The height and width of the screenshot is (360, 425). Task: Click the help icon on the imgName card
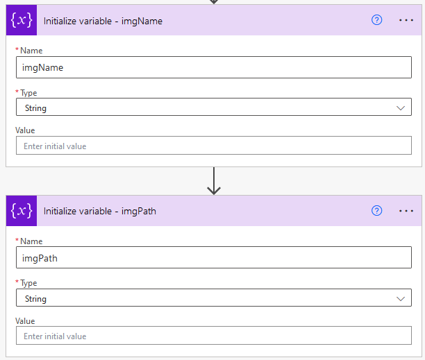376,20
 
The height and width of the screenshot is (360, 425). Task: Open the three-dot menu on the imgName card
406,20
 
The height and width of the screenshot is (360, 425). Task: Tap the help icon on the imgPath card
376,211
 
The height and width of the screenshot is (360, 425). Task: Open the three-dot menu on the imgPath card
406,211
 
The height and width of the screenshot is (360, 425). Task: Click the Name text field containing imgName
214,67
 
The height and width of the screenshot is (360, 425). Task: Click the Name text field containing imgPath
214,257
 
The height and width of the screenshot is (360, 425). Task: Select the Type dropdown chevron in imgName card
401,108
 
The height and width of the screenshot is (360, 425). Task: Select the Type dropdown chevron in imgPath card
401,298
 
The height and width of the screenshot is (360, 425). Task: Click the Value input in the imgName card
214,146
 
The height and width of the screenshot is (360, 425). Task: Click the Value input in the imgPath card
214,336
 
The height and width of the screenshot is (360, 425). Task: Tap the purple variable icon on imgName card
22,20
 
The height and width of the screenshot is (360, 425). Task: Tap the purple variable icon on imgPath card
22,211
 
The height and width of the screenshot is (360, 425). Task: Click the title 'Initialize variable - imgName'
103,21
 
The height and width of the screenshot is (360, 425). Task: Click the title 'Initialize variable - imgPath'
100,211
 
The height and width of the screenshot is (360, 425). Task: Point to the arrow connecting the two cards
214,181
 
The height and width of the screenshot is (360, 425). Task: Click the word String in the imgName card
35,108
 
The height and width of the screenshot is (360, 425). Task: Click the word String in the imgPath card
35,299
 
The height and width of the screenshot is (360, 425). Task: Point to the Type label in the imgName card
28,93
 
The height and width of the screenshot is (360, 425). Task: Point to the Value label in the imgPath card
25,321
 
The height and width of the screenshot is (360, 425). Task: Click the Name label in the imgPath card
31,241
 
